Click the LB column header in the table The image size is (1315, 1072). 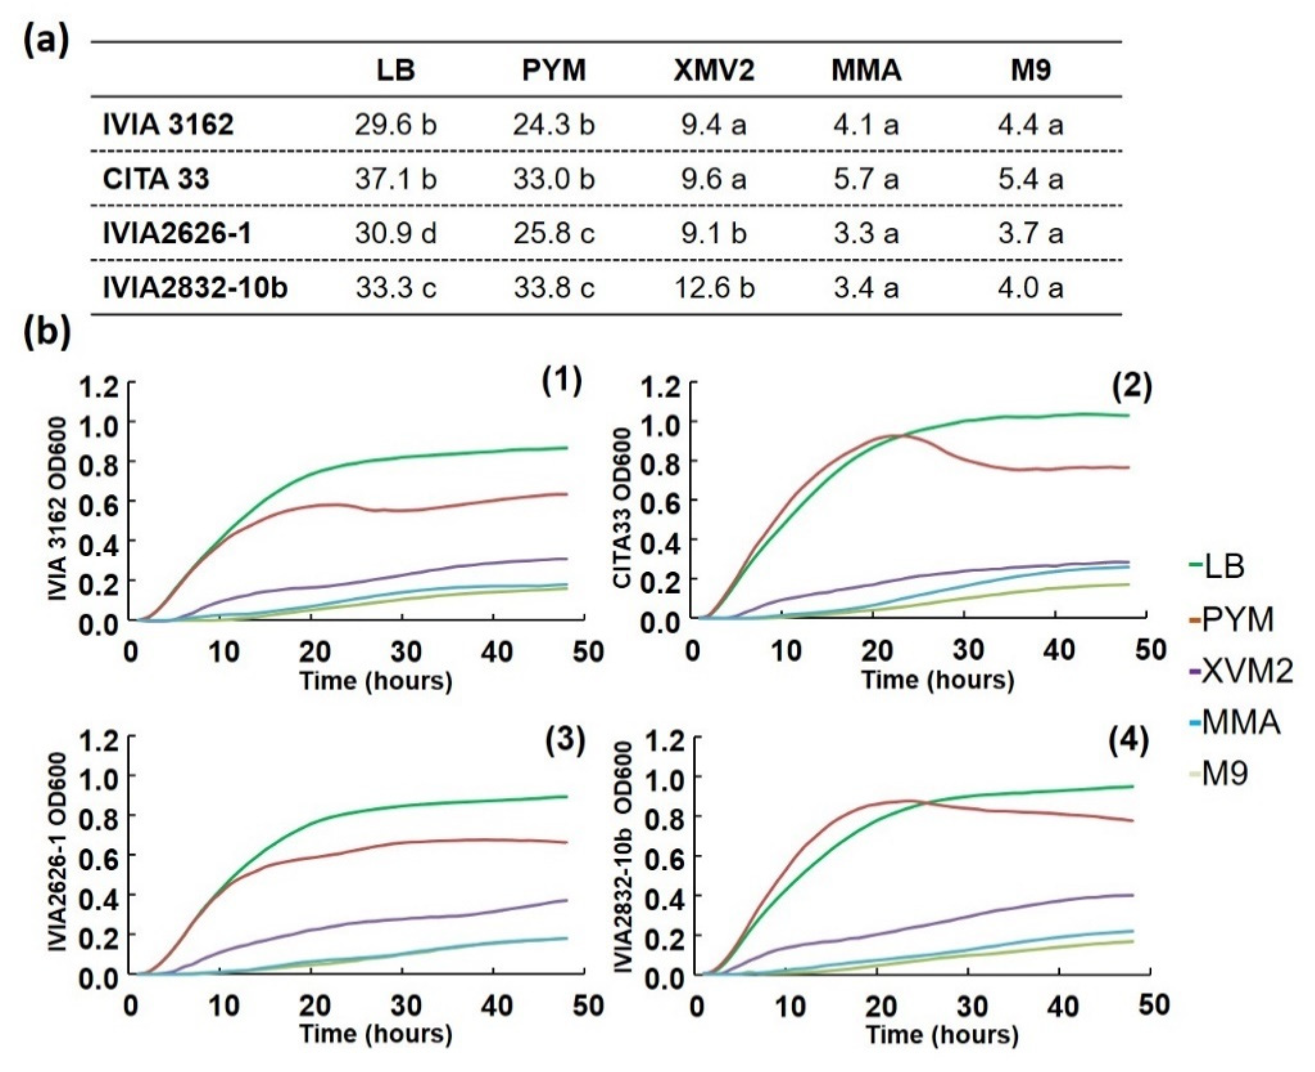point(396,70)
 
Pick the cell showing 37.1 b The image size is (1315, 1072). point(396,179)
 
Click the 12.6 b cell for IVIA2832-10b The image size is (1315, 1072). point(714,288)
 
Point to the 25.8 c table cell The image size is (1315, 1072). point(554,233)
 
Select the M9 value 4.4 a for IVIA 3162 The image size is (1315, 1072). point(1030,125)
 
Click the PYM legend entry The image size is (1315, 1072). point(1237,619)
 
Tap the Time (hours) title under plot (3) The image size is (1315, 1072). point(376,1034)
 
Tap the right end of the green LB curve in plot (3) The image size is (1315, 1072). point(566,796)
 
